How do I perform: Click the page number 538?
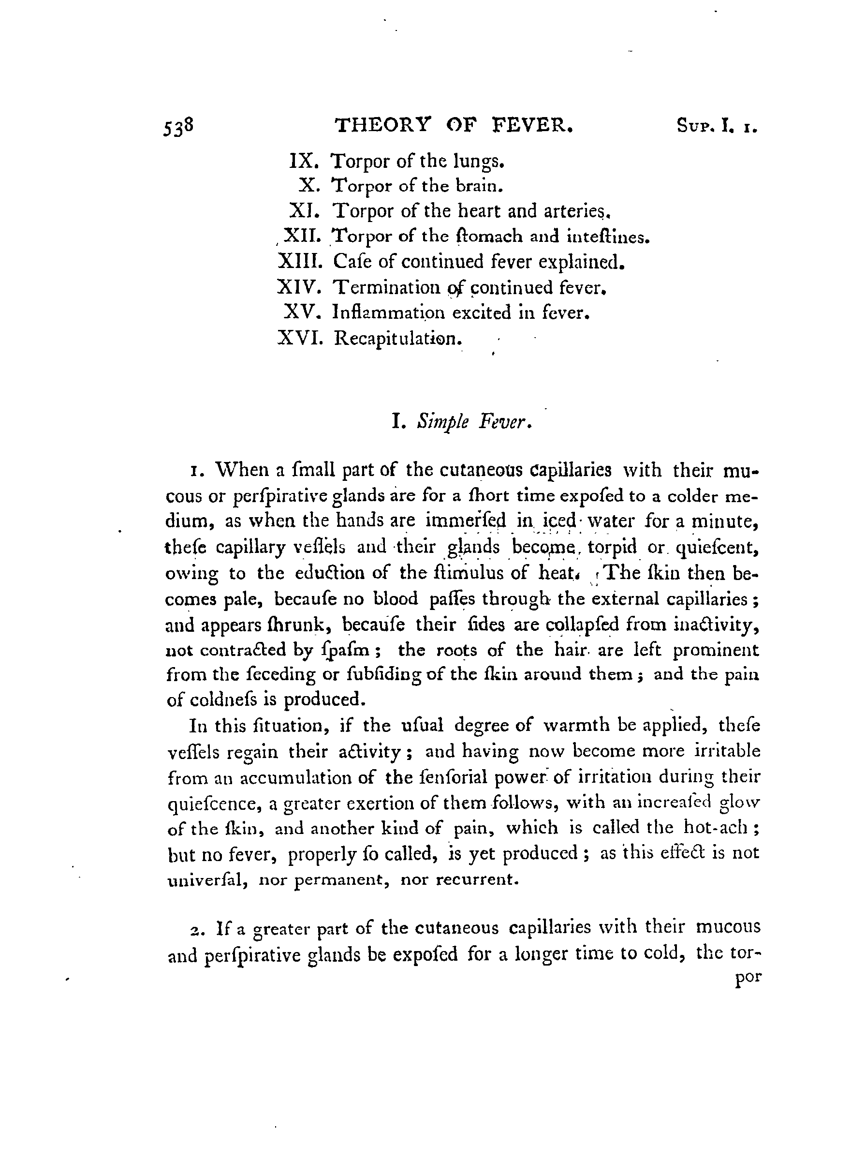click(x=178, y=126)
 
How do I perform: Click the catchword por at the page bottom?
click(x=748, y=978)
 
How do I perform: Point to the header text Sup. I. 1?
click(x=717, y=127)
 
